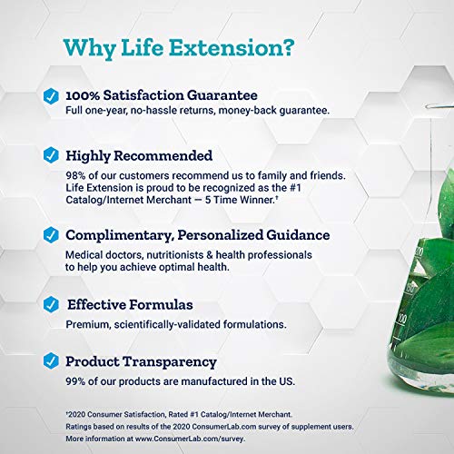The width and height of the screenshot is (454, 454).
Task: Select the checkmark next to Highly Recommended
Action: click(x=52, y=155)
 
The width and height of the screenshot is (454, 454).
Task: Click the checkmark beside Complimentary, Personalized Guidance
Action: click(x=52, y=236)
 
